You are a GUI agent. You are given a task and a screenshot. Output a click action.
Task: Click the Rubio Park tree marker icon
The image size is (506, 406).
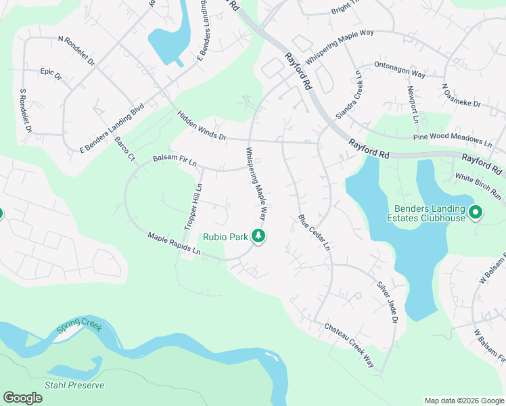tap(258, 236)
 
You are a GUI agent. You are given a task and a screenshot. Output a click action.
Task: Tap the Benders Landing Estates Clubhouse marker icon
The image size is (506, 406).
tap(476, 213)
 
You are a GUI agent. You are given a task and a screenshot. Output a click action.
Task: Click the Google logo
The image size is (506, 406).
tap(22, 398)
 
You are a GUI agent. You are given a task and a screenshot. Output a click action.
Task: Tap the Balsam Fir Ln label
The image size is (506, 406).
tap(174, 160)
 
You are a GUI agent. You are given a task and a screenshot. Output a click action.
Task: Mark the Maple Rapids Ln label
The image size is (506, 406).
tap(175, 244)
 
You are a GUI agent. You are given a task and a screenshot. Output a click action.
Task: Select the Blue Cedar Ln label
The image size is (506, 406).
tap(314, 233)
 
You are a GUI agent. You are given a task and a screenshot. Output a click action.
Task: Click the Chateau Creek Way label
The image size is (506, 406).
tap(349, 345)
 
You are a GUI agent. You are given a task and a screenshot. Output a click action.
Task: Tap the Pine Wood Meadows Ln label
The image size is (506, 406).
tap(453, 140)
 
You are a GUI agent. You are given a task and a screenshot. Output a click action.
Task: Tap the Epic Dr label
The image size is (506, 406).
tap(51, 73)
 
